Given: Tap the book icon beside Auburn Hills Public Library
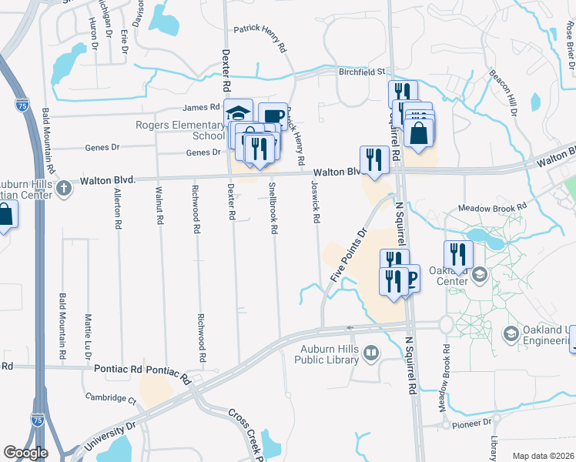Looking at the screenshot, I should pyautogui.click(x=372, y=353).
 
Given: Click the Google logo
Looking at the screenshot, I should pyautogui.click(x=25, y=452).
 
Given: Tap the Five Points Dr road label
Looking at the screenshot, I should pyautogui.click(x=349, y=254).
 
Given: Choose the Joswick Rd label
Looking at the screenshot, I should pyautogui.click(x=314, y=202).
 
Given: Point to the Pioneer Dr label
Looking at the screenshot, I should pyautogui.click(x=472, y=423).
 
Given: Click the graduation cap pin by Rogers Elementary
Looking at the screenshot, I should pyautogui.click(x=239, y=113).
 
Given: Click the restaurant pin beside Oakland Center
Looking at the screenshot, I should pyautogui.click(x=458, y=254).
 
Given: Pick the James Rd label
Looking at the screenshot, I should pyautogui.click(x=201, y=108).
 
